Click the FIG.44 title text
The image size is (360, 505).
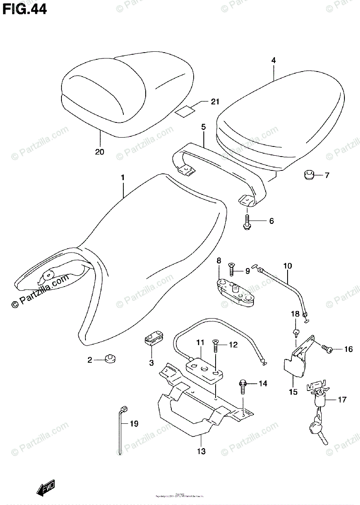24,9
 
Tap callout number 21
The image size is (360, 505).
216,101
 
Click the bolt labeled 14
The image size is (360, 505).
243,385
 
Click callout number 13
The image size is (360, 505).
201,452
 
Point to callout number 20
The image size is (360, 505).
99,152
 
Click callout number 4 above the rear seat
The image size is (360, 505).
273,61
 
